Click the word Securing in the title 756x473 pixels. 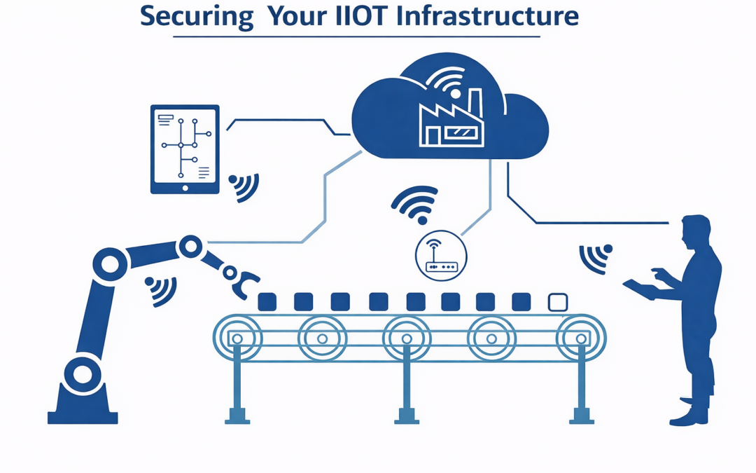click(197, 15)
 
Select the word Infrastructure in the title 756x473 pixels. click(487, 15)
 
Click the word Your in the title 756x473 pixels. click(295, 15)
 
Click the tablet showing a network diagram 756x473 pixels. click(185, 149)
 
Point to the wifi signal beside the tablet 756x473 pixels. click(243, 185)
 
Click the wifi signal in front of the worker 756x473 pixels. click(596, 259)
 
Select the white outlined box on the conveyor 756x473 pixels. click(557, 302)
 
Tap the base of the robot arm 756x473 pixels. click(83, 410)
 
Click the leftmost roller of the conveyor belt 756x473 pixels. click(237, 338)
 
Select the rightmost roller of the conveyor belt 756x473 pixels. click(580, 338)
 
